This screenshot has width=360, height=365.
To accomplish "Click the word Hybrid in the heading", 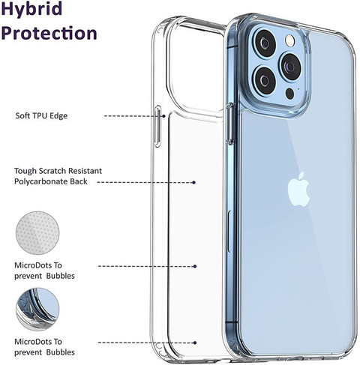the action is click(x=31, y=9).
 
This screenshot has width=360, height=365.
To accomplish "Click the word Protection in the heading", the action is click(x=49, y=33).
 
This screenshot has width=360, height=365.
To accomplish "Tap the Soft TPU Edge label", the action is click(x=41, y=116).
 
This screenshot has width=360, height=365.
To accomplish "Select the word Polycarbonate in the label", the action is click(x=40, y=181).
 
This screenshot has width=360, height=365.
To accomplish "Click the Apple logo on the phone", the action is click(x=298, y=189).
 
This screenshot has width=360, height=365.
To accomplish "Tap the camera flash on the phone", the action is click(x=290, y=40).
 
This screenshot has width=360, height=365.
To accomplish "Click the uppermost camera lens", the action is click(x=265, y=44).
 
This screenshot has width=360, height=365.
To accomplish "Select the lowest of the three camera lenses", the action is click(x=265, y=80).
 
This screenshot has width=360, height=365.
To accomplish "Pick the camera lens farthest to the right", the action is click(x=291, y=67).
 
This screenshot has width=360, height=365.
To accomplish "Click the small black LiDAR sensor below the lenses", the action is click(x=289, y=94).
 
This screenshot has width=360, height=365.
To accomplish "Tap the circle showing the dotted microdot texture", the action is click(x=37, y=233).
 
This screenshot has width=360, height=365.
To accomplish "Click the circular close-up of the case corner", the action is click(x=37, y=309).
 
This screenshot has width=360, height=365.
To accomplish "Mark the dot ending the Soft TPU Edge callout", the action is click(x=163, y=116).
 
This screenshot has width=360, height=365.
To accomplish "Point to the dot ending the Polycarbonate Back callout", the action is click(x=193, y=182).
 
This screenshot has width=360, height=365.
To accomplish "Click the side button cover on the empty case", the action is click(x=158, y=126).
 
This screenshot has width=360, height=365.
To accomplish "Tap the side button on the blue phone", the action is click(x=230, y=124).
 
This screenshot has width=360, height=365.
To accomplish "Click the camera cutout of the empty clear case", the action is click(x=196, y=68).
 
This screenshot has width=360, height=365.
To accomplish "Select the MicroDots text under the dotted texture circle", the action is click(x=44, y=271).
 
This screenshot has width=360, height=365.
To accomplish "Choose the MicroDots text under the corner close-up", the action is click(x=44, y=347).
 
